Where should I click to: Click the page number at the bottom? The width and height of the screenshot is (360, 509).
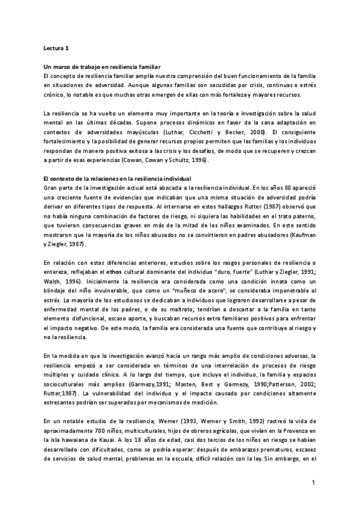pos(313,483)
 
